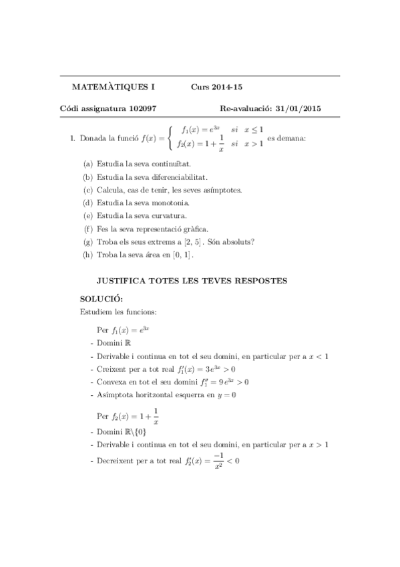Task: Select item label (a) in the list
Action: (88, 164)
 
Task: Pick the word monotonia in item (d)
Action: (172, 203)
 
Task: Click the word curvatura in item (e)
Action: (170, 215)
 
